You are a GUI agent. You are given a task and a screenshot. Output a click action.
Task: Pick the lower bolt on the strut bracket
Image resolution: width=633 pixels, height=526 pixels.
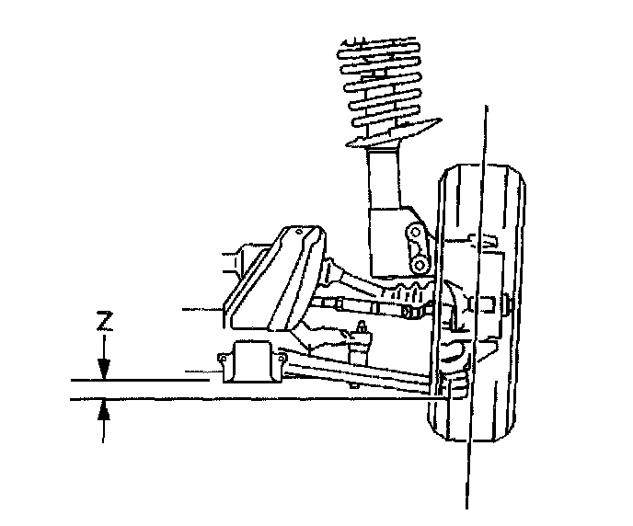tap(420, 265)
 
